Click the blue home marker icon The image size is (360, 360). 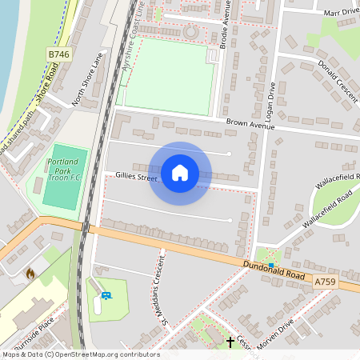tap(180, 172)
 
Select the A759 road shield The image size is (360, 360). tap(324, 282)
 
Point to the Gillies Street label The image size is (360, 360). tap(137, 176)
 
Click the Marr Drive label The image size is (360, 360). tap(339, 13)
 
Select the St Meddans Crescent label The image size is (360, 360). tap(158, 289)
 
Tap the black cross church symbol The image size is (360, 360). tap(231, 342)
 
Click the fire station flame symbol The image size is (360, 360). tap(30, 274)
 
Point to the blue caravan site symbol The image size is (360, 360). tap(107, 296)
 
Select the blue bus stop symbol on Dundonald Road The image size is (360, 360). tap(272, 265)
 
